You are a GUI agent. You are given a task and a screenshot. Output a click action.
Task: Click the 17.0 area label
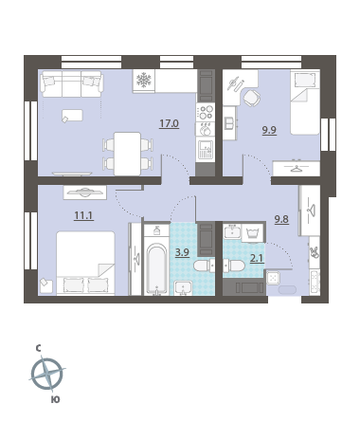169,123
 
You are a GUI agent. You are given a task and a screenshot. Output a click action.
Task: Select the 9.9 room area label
269,130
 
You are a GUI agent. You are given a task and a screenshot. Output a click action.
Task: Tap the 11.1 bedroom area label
83,215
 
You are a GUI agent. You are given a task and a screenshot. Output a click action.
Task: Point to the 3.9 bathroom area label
182,252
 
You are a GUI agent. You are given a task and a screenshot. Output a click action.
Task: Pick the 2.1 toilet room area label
257,259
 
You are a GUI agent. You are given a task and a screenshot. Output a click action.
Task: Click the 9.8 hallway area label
281,219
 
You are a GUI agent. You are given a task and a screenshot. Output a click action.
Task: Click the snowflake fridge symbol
144,80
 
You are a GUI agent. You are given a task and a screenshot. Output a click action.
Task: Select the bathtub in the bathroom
157,268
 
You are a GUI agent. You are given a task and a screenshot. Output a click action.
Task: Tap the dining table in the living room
127,154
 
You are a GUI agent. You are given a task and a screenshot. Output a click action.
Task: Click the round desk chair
252,98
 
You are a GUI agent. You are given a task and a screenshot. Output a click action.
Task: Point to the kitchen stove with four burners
206,112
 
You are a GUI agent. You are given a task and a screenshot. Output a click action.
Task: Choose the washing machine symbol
253,233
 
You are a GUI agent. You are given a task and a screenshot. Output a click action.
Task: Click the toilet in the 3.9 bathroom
204,266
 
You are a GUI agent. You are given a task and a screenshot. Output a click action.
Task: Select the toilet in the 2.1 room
234,266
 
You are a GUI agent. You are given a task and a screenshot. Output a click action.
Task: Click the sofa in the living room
72,83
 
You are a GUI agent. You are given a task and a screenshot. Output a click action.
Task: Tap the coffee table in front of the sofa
72,116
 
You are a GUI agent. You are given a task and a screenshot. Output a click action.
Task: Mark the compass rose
47,374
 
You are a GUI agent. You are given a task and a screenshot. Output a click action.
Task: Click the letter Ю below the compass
55,400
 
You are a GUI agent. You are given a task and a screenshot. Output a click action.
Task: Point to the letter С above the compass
38,348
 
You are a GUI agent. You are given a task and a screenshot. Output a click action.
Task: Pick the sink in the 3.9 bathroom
184,288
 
